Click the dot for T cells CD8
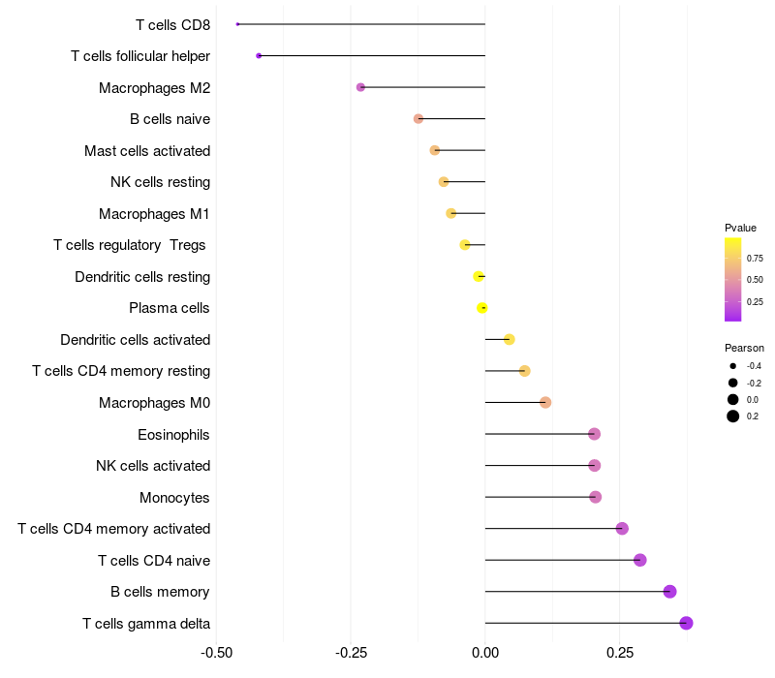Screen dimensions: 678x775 click(237, 24)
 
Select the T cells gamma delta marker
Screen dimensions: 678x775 click(686, 623)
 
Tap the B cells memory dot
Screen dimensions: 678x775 click(669, 592)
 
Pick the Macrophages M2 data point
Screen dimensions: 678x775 click(360, 87)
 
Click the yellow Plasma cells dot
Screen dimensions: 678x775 click(482, 308)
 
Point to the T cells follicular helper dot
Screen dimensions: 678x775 click(259, 56)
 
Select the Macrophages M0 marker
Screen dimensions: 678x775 click(545, 402)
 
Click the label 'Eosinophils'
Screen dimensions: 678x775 click(173, 434)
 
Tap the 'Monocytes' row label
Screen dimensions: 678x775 click(174, 497)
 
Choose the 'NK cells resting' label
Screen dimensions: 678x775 click(160, 182)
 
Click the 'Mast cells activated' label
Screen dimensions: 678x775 click(147, 150)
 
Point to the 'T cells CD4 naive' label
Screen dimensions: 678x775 click(154, 560)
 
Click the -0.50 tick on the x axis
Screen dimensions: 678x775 click(216, 653)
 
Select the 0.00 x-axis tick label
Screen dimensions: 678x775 click(484, 653)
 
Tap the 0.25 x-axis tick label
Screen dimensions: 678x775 click(620, 653)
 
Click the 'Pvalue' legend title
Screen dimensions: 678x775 click(740, 228)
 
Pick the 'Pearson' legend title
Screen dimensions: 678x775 click(744, 348)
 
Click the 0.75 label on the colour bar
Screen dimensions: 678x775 click(755, 259)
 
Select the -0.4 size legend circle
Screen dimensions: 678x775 click(733, 366)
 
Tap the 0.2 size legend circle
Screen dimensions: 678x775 click(733, 416)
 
